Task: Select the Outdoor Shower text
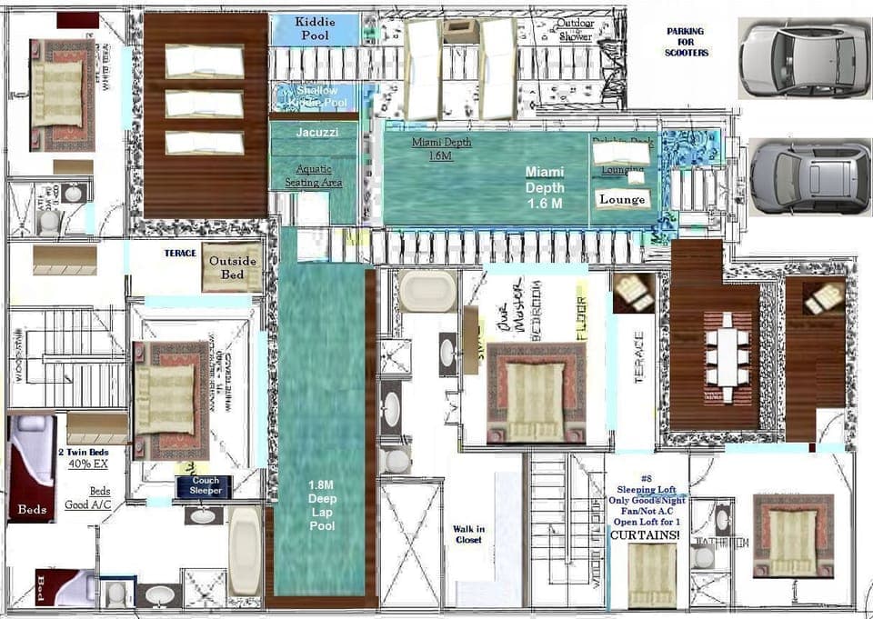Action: [574, 29]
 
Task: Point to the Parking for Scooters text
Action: [687, 42]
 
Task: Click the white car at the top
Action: [803, 59]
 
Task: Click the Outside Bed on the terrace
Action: [233, 268]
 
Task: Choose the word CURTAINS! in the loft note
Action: [647, 535]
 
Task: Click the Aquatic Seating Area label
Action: [313, 175]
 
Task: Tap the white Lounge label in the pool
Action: [623, 199]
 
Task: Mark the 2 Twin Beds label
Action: [85, 452]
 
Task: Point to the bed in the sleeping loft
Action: [652, 575]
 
